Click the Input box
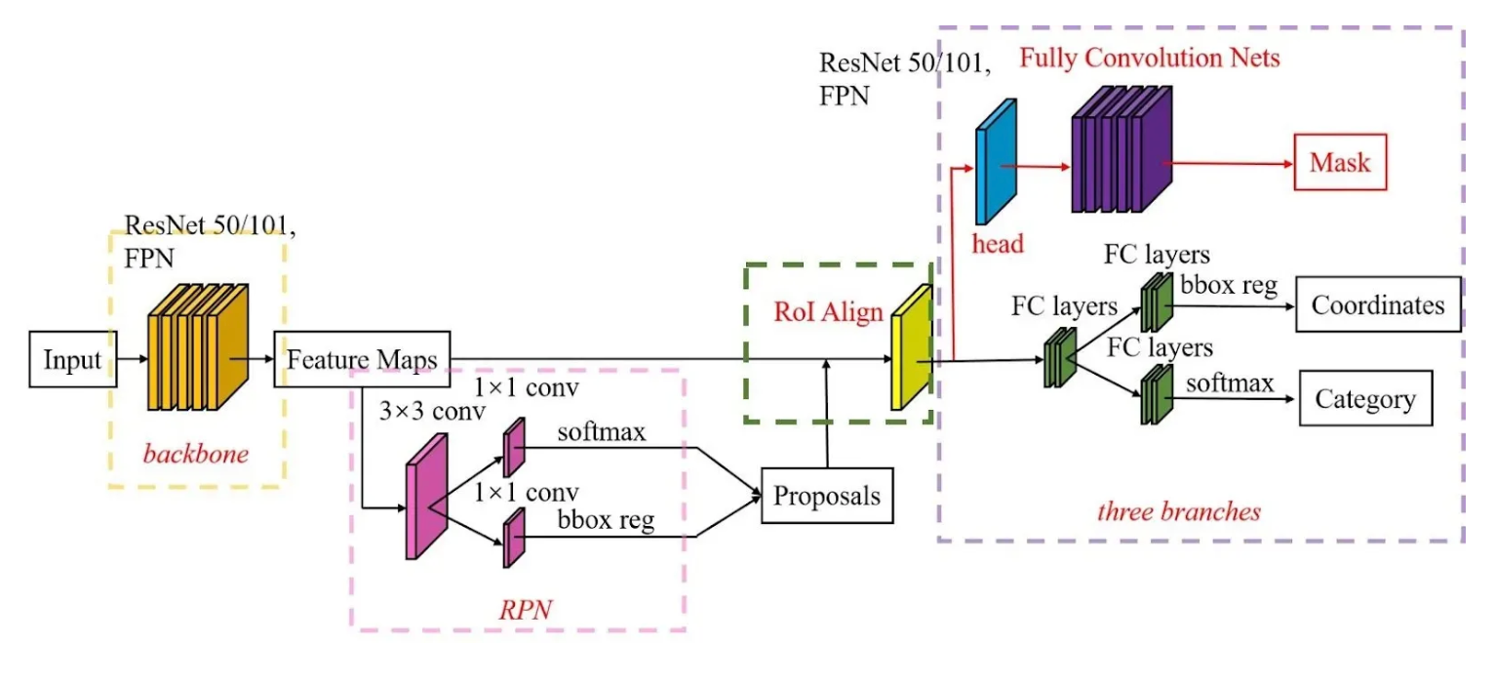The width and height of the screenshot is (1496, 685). tap(72, 360)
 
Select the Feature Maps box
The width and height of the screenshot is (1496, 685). tap(361, 359)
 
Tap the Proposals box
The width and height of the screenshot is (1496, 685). tap(826, 496)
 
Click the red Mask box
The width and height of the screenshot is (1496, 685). tap(1339, 163)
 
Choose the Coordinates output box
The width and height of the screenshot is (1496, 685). tap(1377, 305)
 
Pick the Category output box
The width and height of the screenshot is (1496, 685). tap(1364, 398)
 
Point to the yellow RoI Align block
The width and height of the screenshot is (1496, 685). tap(911, 347)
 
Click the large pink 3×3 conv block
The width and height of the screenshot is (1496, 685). tap(426, 497)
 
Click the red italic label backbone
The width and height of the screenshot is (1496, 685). tap(195, 454)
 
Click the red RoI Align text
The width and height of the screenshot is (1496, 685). tap(828, 313)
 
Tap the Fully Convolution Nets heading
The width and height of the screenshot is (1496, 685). tap(1149, 59)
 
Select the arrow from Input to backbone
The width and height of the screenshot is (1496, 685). tap(131, 360)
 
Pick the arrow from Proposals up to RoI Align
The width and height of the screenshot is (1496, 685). tap(827, 414)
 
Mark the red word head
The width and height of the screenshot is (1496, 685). tap(997, 244)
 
